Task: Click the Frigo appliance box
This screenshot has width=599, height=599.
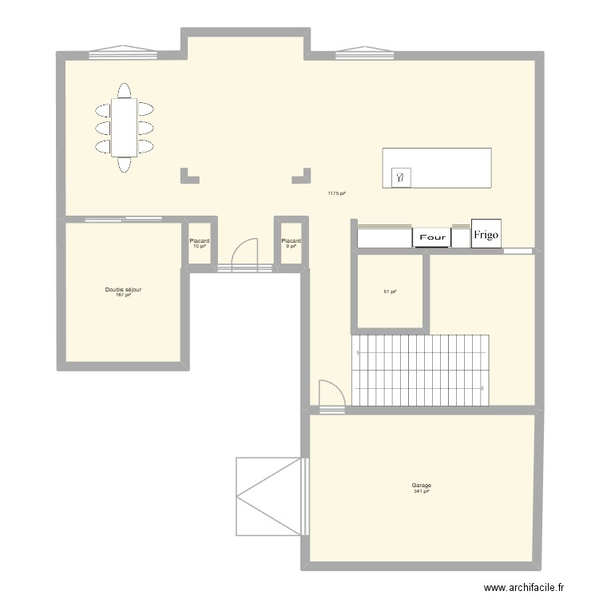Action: point(486,234)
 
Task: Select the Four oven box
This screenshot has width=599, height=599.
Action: point(431,237)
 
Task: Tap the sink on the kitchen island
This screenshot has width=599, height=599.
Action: point(400,177)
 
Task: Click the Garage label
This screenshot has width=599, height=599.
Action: point(422,485)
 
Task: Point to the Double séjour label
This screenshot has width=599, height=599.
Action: point(123,289)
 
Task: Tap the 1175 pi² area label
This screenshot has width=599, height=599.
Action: point(336,193)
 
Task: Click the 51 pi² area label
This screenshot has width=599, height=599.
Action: point(391,292)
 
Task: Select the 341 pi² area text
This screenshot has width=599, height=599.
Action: point(422,491)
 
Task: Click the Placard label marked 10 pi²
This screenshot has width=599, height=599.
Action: point(200,240)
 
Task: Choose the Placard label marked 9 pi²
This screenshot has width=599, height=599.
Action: point(291,240)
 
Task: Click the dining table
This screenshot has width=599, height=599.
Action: point(124,127)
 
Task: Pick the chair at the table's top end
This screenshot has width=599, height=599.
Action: point(124,89)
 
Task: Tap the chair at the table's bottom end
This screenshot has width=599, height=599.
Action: point(124,165)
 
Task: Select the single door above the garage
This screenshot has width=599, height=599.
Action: point(331,397)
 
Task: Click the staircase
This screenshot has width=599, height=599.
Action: point(420,370)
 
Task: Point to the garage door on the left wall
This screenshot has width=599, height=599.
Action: point(270,496)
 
